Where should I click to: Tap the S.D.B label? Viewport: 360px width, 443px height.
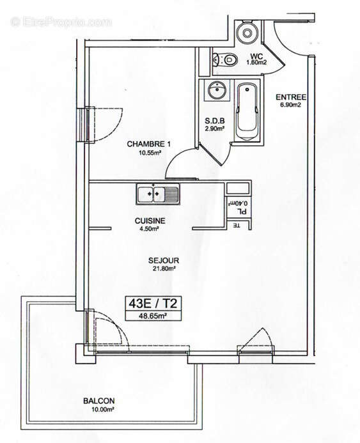point(214,120)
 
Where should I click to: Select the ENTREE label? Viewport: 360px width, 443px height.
point(291,97)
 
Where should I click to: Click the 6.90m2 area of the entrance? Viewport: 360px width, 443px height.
point(291,105)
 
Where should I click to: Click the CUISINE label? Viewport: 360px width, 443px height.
point(150,221)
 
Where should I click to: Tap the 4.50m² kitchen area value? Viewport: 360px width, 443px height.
point(150,230)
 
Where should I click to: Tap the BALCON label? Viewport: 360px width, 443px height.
point(99,401)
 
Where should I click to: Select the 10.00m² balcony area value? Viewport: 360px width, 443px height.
point(99,410)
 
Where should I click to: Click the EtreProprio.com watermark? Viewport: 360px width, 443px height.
point(61,22)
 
